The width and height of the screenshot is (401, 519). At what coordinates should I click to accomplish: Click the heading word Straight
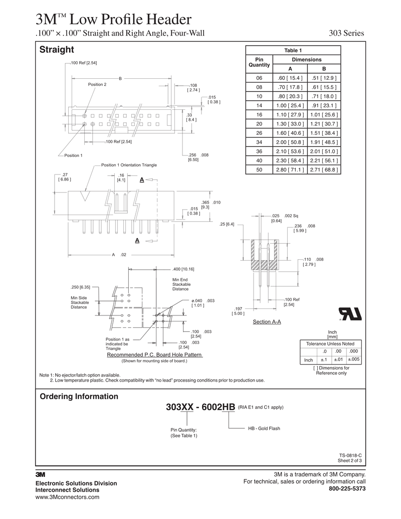[57, 50]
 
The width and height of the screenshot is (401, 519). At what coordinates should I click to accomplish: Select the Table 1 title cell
[293, 50]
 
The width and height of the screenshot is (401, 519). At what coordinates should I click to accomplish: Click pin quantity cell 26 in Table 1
[259, 133]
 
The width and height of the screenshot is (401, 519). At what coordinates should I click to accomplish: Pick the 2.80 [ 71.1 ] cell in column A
[290, 169]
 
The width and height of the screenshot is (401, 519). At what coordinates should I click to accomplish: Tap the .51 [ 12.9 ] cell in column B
[324, 78]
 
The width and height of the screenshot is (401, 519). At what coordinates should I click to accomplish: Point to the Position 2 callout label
[97, 84]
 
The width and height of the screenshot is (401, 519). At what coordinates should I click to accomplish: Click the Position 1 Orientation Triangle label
[129, 165]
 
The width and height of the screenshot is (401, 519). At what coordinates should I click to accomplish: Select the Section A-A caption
[267, 321]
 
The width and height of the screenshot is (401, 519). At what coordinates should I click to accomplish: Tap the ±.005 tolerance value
[353, 360]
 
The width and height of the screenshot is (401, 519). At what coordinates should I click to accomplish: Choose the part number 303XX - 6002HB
[200, 407]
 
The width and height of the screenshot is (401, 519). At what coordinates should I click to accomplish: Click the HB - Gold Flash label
[264, 429]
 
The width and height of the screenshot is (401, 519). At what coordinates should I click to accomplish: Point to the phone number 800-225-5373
[347, 488]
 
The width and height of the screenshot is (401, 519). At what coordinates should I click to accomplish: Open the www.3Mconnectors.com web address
[67, 497]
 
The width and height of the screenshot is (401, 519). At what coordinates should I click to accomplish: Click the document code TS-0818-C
[350, 455]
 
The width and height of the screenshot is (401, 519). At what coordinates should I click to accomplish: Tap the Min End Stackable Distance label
[180, 284]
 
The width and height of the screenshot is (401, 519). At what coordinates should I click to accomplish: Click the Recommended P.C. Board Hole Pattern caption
[154, 355]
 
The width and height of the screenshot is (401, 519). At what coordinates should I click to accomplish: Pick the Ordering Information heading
[79, 397]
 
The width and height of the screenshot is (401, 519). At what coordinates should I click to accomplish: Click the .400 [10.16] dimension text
[183, 269]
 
